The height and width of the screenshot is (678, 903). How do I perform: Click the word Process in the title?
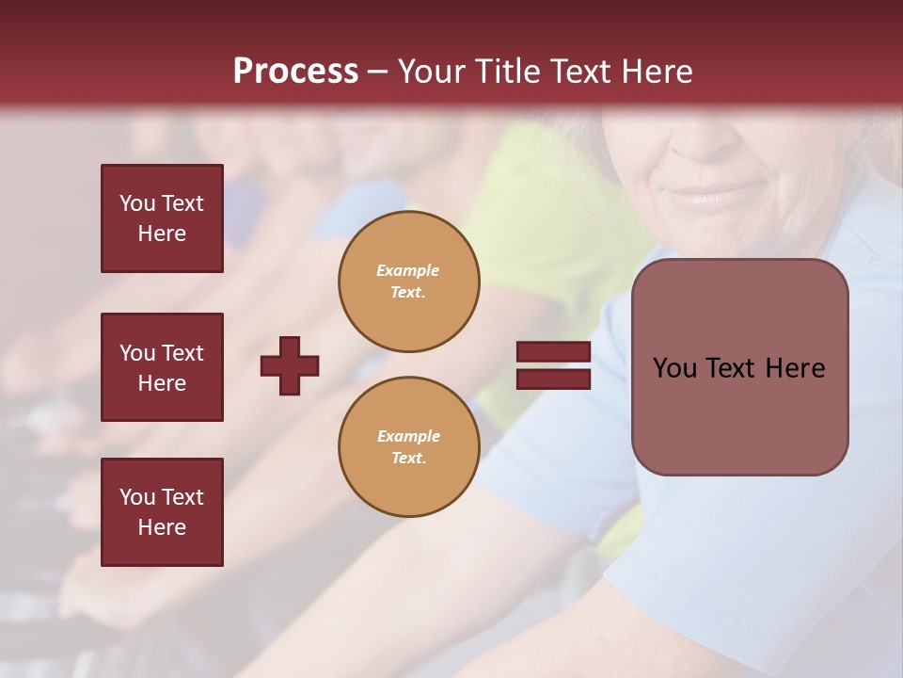click(x=295, y=72)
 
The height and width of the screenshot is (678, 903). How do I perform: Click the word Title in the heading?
click(x=505, y=72)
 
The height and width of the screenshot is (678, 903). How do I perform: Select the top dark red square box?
click(x=162, y=218)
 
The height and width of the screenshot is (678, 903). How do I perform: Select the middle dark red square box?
click(x=162, y=367)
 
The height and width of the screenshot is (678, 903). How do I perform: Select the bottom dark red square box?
click(x=162, y=512)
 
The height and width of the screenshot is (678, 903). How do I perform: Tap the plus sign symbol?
click(x=290, y=365)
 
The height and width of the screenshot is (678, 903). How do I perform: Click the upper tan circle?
click(x=408, y=282)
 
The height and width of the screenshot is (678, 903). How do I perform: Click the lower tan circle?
click(x=408, y=447)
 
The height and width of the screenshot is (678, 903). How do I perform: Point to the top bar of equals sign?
click(x=553, y=352)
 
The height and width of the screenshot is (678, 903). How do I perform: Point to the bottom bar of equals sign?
click(x=553, y=379)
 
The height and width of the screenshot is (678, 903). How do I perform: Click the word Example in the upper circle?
click(x=407, y=270)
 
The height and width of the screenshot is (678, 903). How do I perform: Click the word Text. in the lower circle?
click(x=408, y=459)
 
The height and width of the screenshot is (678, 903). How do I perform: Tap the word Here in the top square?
click(x=162, y=234)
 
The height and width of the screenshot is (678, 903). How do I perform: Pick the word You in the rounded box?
click(x=674, y=368)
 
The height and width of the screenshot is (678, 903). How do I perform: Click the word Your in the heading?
click(x=431, y=72)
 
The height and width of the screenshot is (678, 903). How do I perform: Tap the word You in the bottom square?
click(x=137, y=497)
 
